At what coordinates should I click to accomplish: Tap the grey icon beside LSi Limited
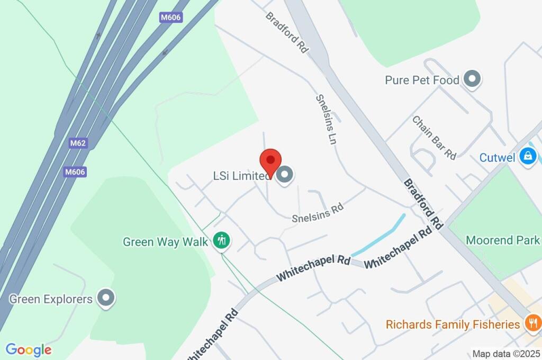pos(285,175)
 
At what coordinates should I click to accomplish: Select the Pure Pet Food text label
pos(422,80)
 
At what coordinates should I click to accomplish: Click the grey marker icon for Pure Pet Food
pos(471,80)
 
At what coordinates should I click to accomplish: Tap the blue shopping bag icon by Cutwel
pos(528,156)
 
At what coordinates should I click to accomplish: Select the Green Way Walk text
pos(167,242)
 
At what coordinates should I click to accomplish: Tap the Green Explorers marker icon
pos(107,298)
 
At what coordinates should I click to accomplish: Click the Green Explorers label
pos(51,299)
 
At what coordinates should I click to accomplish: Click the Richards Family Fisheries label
pos(453,324)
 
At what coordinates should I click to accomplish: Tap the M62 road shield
pos(77,143)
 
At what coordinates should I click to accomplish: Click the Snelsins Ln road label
pos(327,119)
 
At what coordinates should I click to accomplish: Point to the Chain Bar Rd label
pos(434,137)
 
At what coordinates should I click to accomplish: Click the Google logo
pos(29,349)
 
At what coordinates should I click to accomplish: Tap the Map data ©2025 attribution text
pos(505,354)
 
